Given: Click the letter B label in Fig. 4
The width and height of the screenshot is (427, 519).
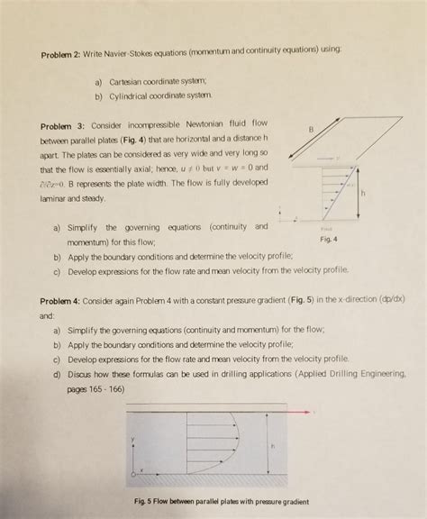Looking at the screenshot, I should (x=312, y=131).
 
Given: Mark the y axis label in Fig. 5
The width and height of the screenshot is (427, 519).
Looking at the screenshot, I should (x=132, y=439).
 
